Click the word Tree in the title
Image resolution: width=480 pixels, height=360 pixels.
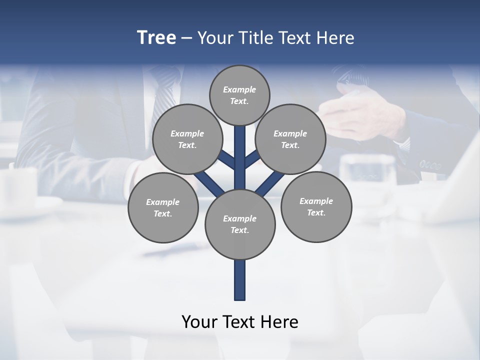click(x=156, y=37)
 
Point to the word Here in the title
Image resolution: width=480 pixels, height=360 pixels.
click(x=336, y=38)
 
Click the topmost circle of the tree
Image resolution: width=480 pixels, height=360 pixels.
click(x=239, y=95)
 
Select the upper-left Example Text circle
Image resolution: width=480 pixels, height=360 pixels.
click(x=187, y=139)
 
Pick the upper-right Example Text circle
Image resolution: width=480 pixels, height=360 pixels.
click(x=290, y=139)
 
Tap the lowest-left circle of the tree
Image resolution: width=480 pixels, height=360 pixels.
click(x=163, y=207)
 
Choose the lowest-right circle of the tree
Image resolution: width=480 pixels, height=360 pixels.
click(x=316, y=206)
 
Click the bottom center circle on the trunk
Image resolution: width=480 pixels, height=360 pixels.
click(x=240, y=224)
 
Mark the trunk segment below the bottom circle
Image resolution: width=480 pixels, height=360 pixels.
click(x=240, y=280)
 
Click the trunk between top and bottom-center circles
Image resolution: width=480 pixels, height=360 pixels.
click(x=240, y=160)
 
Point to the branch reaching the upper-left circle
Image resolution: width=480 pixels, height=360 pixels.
click(x=227, y=160)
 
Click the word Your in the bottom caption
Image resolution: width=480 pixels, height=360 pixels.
click(x=198, y=321)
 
